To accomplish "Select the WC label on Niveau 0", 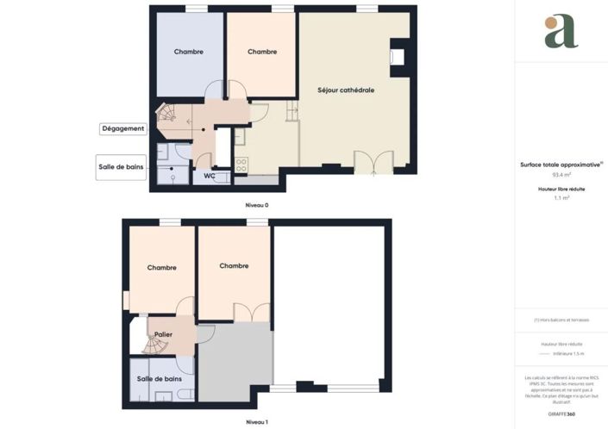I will pos(209,176).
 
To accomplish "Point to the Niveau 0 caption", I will pos(256,207).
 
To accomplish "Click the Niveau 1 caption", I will pos(256,422).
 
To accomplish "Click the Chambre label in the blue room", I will pos(189,52).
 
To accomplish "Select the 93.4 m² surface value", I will pos(561,174).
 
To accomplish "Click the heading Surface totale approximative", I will pos(561,163).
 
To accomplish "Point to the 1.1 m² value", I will pos(561,197).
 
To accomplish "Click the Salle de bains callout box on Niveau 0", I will pos(121,166).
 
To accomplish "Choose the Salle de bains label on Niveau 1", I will pos(160,379).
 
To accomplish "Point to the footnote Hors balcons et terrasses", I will pos(561,320).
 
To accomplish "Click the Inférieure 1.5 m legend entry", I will pos(567,353).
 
